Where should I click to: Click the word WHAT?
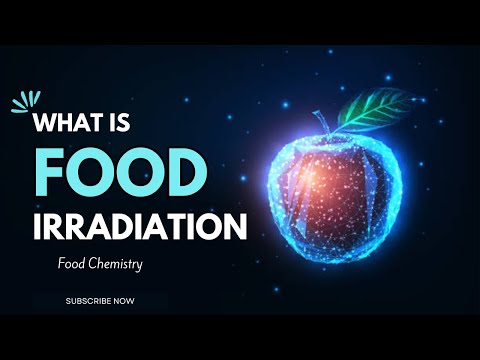[x=76, y=125]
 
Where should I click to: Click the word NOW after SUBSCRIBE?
[x=123, y=300]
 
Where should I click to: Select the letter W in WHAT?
[x=51, y=125]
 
